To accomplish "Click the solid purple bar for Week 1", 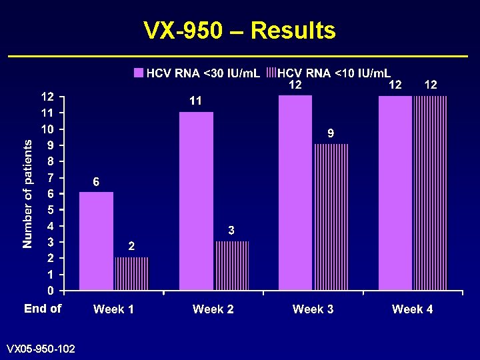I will (97, 241).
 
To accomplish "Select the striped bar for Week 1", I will (132, 273).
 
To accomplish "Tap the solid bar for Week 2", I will (196, 201).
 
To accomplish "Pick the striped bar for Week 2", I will (232, 265).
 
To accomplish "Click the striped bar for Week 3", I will (331, 217).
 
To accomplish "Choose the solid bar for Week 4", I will (395, 193).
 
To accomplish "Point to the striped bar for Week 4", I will (431, 193).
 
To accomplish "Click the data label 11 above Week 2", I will (196, 101).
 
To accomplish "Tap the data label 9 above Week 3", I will (331, 133).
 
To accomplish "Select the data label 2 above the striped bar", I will (132, 246).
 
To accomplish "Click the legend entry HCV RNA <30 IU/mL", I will (197, 72).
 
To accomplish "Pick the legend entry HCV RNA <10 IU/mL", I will (329, 72).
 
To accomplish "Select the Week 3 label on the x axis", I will (313, 309).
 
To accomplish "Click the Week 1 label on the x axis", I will (113, 309).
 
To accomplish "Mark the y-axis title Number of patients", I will (27, 193).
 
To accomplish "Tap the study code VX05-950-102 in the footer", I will (41, 349).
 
